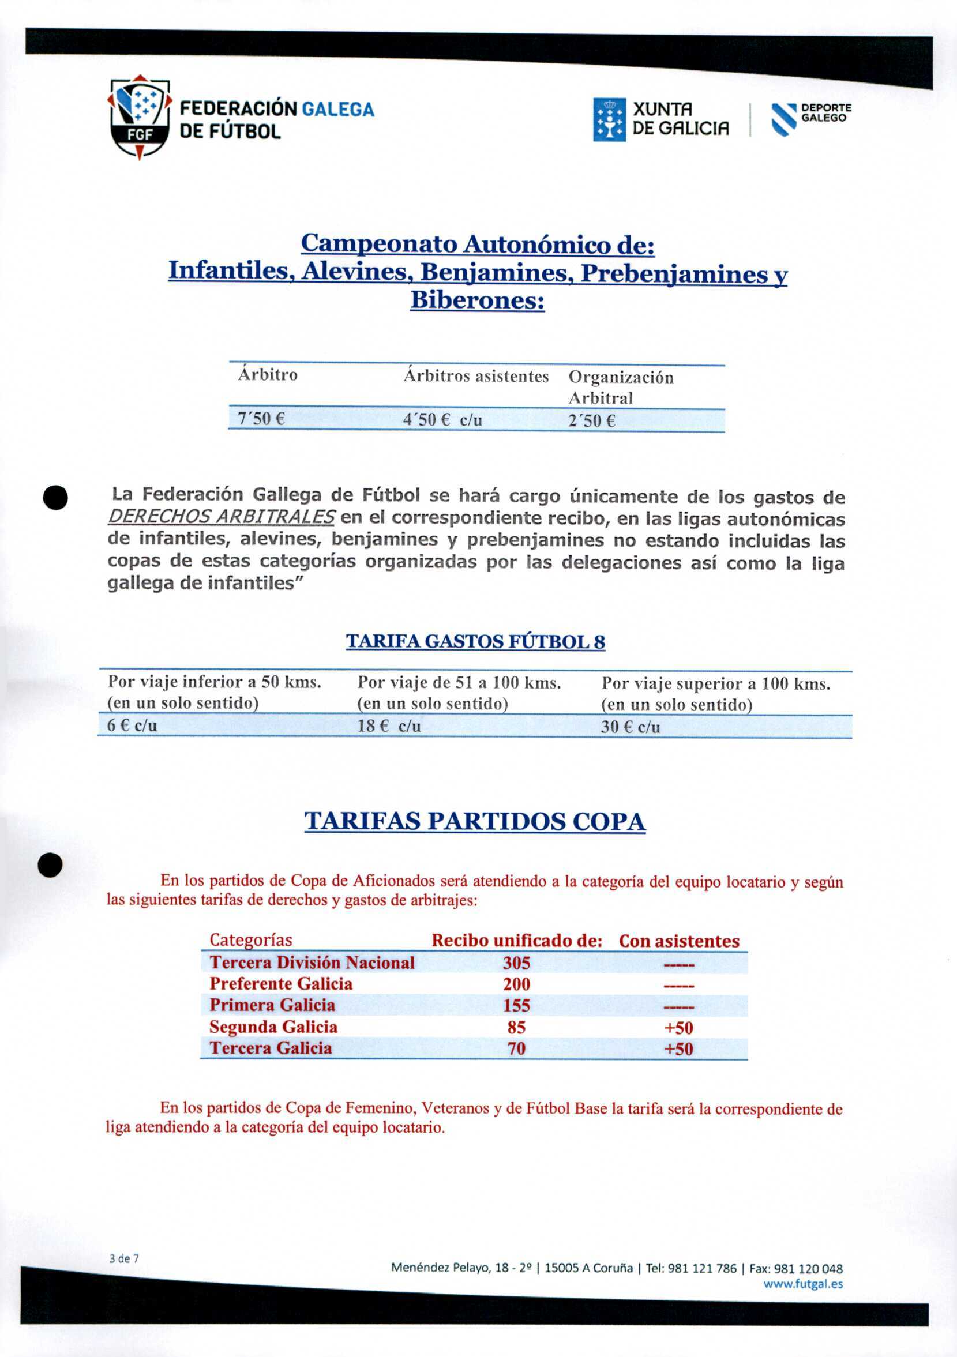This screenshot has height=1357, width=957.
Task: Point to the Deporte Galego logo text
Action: tap(826, 113)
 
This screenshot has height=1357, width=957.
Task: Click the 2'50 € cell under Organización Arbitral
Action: tap(592, 421)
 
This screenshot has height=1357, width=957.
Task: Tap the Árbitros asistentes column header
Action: tap(476, 376)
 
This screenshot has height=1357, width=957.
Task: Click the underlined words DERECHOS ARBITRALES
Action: tap(222, 517)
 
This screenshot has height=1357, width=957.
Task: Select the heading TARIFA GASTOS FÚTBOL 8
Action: tap(475, 642)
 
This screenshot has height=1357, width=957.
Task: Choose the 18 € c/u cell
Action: tap(389, 726)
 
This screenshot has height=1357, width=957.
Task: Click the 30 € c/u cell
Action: tap(630, 727)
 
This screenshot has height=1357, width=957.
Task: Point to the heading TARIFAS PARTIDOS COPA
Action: tap(475, 822)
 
